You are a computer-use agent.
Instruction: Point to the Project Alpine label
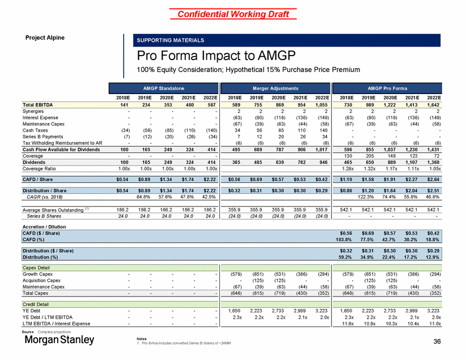tap(41, 38)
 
